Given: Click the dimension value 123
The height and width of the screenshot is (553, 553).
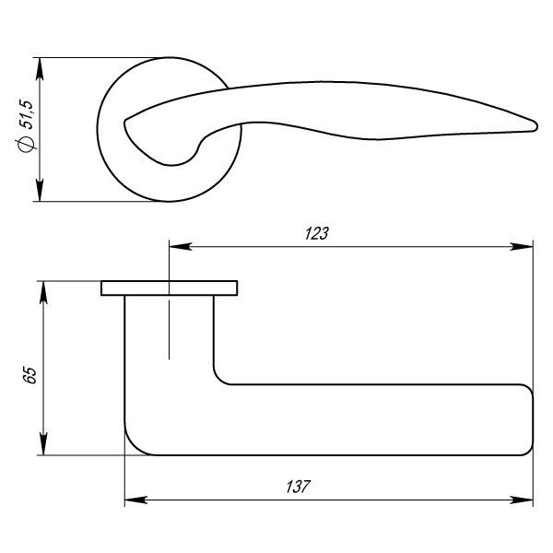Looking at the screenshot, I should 316,234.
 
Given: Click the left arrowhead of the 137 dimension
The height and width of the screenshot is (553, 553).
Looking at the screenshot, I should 133,501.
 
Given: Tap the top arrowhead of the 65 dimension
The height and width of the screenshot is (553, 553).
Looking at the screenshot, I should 42,288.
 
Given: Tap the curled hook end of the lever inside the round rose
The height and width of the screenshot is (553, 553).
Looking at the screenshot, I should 129,119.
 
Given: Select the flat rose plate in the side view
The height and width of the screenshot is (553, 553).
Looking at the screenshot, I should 169,288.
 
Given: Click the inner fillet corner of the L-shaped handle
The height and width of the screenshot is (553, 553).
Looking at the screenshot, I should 219,378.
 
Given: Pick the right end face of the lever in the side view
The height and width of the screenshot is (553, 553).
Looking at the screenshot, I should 533,420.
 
